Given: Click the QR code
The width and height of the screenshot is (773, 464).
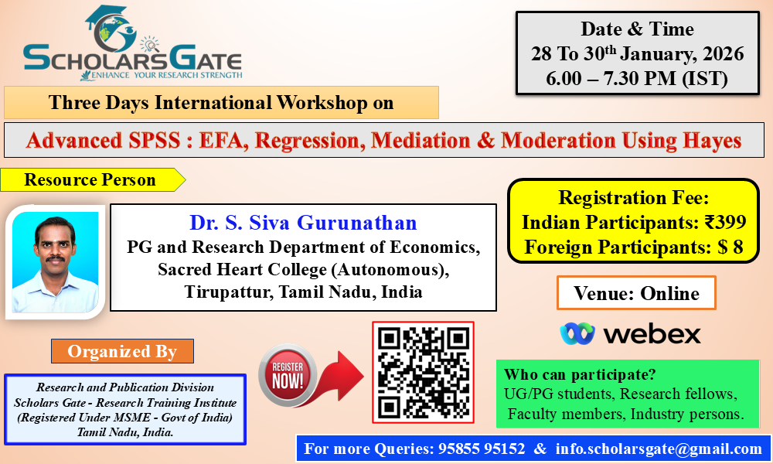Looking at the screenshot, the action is [x=423, y=372].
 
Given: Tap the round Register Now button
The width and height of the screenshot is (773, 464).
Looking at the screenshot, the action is [x=288, y=375].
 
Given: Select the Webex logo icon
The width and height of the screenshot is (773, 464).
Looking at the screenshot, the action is [x=577, y=334].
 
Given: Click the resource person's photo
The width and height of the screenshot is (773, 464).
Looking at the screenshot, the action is [x=55, y=262].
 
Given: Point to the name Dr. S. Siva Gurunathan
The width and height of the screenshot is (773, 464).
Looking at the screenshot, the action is [x=303, y=223].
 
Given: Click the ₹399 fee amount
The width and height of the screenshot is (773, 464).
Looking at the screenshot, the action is [x=725, y=223].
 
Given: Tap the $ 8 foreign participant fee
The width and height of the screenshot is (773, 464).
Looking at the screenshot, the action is [x=730, y=247].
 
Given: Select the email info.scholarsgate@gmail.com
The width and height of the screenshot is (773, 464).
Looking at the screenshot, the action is [x=659, y=449].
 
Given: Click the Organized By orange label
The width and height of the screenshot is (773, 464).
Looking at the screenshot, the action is [x=122, y=351].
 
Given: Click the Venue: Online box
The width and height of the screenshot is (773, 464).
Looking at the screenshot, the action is [x=636, y=293].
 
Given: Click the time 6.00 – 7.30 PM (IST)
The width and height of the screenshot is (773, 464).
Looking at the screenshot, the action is [x=636, y=78].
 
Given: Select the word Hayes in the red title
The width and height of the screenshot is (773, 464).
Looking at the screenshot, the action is [x=712, y=141].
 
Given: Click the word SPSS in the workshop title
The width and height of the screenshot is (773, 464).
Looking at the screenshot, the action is [x=155, y=141].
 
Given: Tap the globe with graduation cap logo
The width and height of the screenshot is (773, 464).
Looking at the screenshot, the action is [x=111, y=29].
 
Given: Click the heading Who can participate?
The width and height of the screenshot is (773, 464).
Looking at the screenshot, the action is [x=580, y=374].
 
